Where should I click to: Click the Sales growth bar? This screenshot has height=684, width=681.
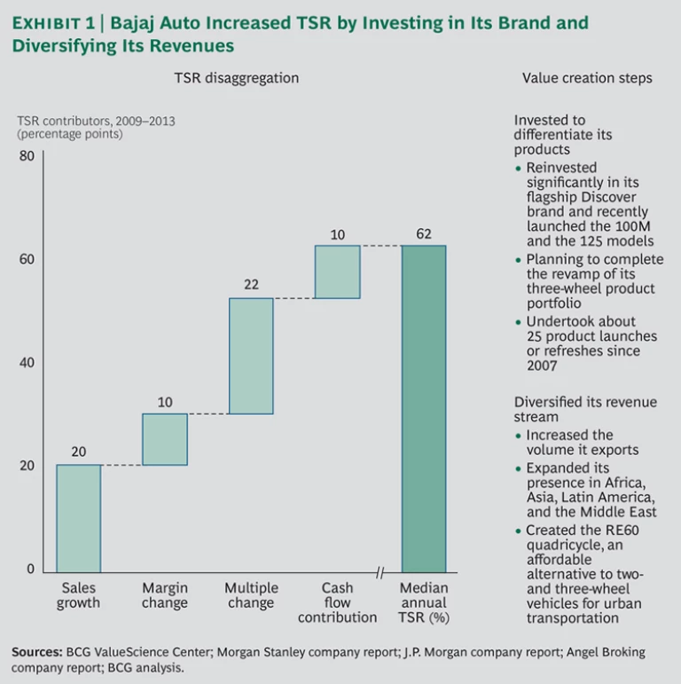point(78,518)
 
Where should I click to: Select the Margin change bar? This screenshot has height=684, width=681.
point(165,439)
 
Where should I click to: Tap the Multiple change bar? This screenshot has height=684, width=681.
point(251,356)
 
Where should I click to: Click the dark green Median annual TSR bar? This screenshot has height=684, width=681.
point(424,409)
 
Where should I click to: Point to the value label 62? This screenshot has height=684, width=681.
point(424,234)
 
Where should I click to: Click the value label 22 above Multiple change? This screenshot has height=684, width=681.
point(251,286)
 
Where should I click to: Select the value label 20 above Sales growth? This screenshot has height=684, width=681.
point(78,452)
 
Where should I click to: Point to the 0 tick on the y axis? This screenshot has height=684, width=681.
point(30,569)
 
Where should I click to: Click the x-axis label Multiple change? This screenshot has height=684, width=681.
point(251,595)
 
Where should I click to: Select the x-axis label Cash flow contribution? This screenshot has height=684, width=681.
point(337,602)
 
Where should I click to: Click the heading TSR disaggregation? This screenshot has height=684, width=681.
point(236,78)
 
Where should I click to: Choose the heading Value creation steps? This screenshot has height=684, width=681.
point(587,78)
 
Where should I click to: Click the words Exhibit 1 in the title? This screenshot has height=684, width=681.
point(52,22)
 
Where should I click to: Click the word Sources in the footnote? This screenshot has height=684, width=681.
point(36,652)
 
